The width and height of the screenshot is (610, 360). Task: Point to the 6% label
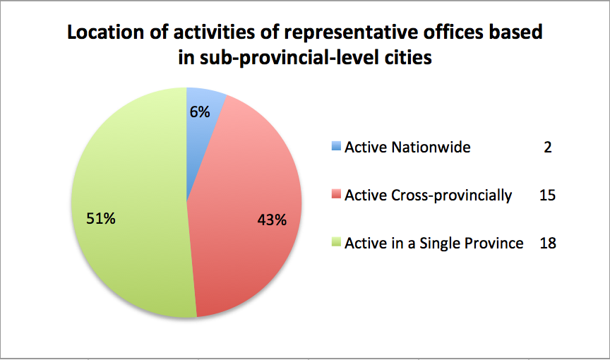(200, 112)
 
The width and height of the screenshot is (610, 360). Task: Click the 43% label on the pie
(272, 220)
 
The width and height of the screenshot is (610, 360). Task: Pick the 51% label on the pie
(101, 219)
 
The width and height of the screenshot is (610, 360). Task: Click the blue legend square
(336, 146)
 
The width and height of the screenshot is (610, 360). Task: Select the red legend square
(336, 193)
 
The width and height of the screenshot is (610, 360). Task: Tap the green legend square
(336, 242)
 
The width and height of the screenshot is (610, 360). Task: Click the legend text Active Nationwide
(407, 147)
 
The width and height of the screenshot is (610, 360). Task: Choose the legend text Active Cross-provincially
(429, 196)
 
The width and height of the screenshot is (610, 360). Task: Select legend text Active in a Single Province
(434, 244)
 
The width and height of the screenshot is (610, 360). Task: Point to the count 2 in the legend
(548, 147)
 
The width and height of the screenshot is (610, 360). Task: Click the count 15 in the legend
(547, 195)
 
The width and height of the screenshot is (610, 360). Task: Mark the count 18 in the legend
(548, 244)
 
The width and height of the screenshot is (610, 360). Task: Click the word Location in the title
(106, 32)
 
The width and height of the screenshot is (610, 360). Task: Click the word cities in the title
(408, 58)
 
